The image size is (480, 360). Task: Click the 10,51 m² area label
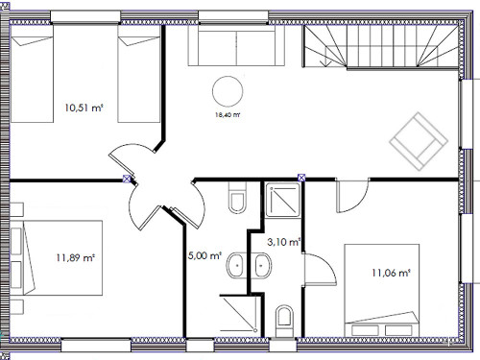[x=84, y=108]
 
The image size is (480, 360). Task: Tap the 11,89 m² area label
[x=76, y=257]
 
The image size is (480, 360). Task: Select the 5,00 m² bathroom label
[x=204, y=255]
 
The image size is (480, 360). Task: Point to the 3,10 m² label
[x=283, y=242]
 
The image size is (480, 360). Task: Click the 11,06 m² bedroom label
[x=391, y=273]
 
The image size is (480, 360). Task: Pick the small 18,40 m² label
[x=228, y=115]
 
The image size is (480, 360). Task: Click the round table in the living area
[x=228, y=91]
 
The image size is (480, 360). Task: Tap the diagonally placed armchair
[x=419, y=141]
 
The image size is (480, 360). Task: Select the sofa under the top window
[x=236, y=45]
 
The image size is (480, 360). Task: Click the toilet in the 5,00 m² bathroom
[x=237, y=198]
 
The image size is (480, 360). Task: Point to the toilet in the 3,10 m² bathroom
[x=284, y=321]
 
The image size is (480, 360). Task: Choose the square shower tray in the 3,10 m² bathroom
[x=283, y=200]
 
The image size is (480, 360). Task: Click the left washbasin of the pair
[x=237, y=266]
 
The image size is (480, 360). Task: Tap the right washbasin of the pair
[x=261, y=266]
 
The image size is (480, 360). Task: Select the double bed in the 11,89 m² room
[x=57, y=257]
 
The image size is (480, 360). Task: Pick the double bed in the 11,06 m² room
[x=382, y=291]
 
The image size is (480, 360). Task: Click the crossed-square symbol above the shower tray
[x=301, y=178]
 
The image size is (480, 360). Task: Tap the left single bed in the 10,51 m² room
[x=32, y=74]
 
